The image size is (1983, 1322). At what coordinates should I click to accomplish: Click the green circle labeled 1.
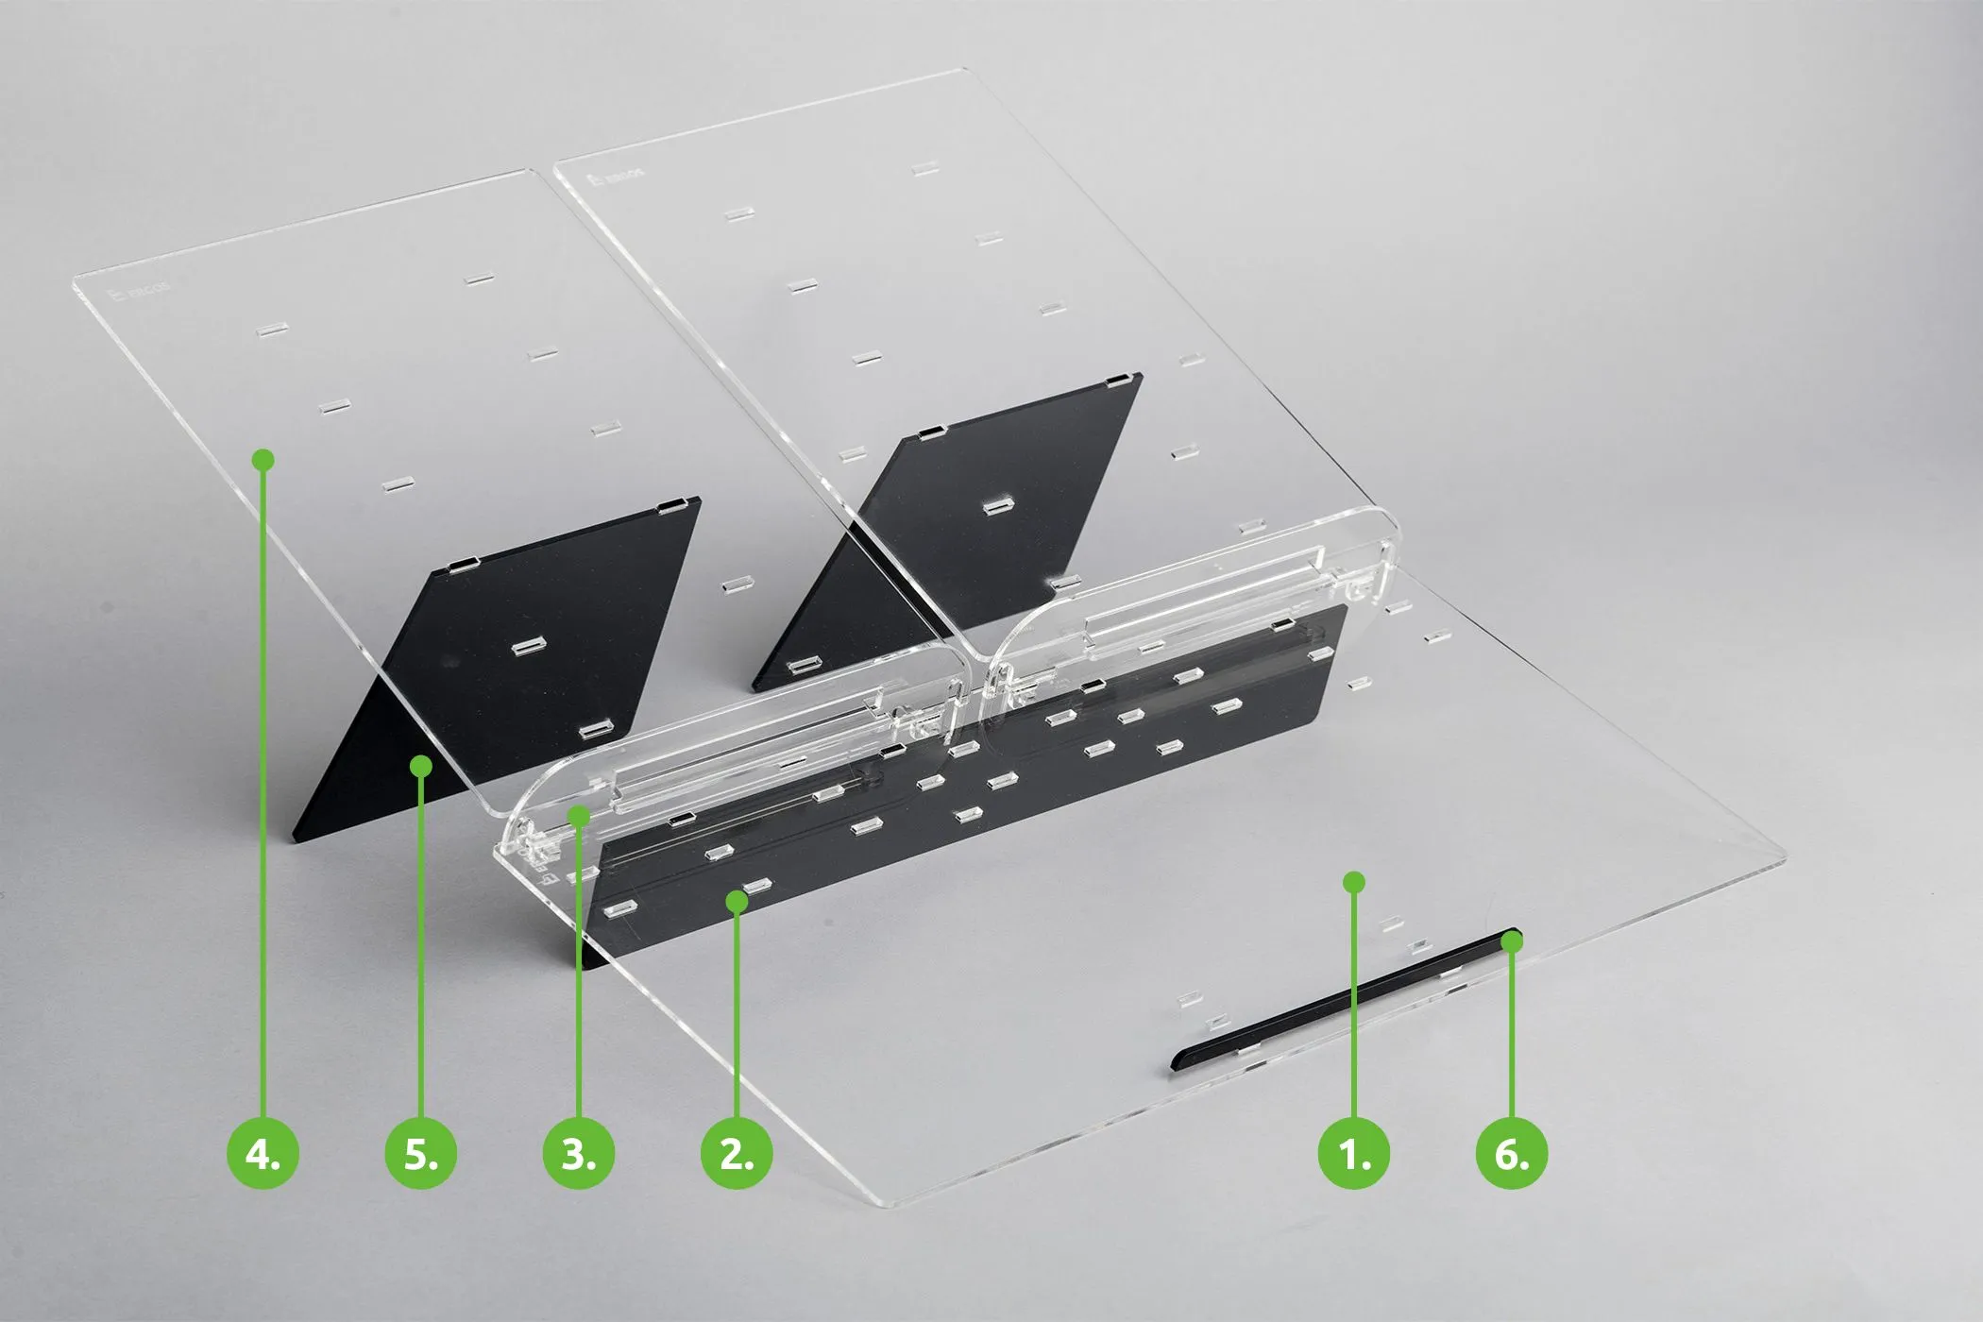1353,1153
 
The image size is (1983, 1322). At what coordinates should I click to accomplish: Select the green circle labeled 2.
737,1153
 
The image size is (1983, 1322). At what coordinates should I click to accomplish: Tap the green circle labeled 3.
579,1153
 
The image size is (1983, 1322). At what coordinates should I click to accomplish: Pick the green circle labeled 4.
263,1153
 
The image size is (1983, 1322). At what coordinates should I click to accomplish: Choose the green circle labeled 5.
421,1153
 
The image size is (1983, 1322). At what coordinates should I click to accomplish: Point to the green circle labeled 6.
1511,1153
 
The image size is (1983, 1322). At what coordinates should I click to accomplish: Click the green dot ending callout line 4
263,460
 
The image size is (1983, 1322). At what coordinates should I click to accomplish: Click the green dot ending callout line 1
1354,882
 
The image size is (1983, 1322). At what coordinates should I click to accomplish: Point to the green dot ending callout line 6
1512,941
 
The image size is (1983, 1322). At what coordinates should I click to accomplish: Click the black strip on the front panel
1341,1000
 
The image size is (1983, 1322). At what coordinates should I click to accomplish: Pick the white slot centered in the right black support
994,507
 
